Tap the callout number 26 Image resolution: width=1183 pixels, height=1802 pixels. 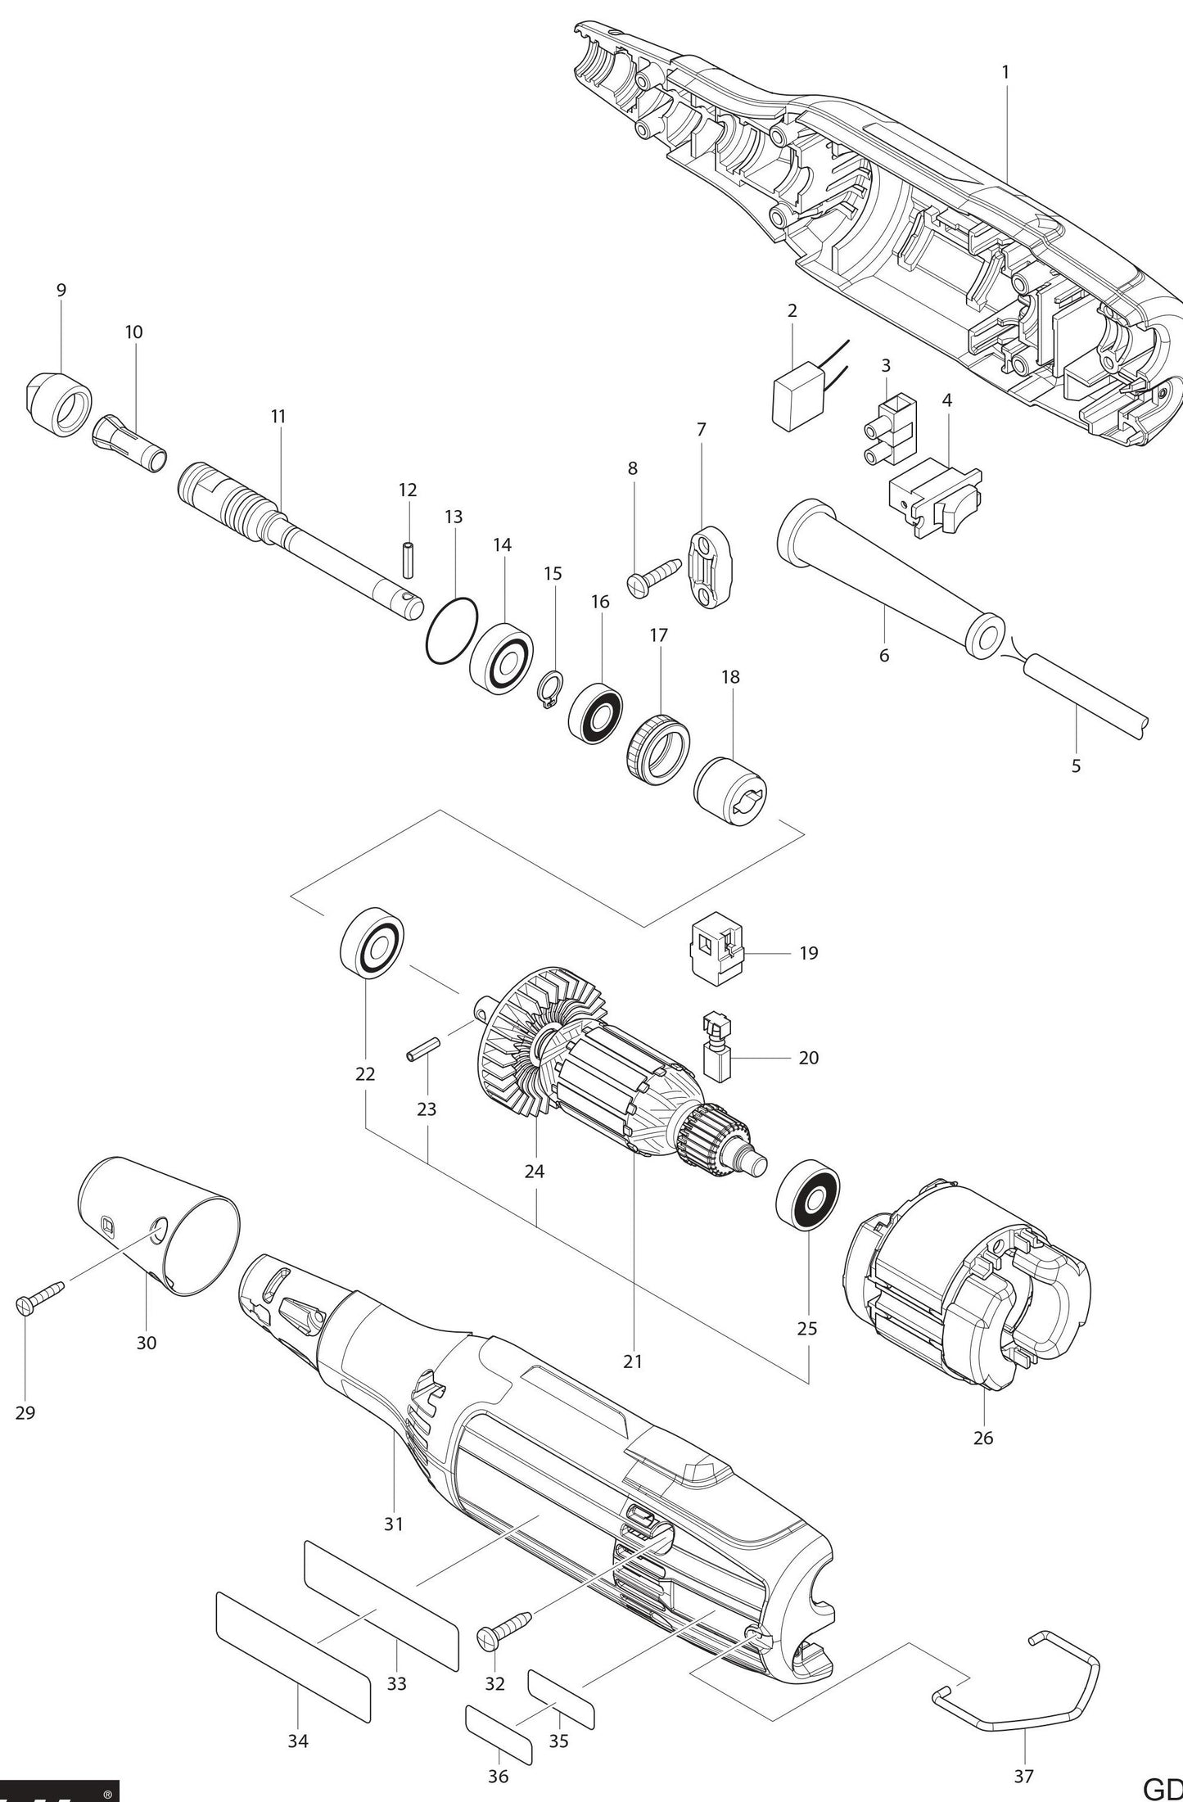[982, 1461]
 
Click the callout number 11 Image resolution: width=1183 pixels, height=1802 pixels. [278, 416]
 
